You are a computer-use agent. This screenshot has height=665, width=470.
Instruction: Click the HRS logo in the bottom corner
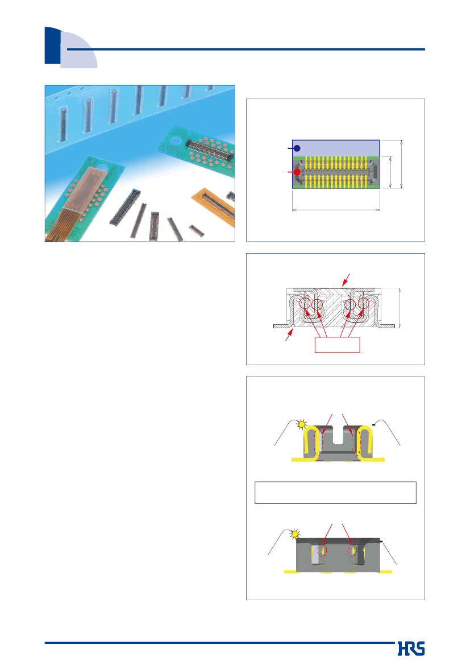coord(411,649)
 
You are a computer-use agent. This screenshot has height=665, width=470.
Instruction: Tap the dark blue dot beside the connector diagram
coord(297,148)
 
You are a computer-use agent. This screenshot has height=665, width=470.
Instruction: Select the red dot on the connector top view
coord(297,172)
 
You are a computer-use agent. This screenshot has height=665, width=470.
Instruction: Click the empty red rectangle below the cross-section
coord(338,345)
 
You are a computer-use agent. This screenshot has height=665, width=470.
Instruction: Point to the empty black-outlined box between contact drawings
coord(335,493)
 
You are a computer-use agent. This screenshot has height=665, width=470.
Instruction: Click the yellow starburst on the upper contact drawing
coord(301,424)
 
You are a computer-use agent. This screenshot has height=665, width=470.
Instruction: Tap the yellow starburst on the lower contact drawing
coord(295,534)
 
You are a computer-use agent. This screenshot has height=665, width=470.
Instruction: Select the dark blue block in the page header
coord(52,46)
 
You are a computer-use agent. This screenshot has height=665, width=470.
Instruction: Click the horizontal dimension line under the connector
coord(336,209)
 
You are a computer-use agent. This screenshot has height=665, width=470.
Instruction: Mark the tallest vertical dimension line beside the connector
coord(402,164)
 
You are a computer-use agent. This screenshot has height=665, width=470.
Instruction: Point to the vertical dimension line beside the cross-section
coord(400,308)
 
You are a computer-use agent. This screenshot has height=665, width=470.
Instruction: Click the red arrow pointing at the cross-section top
coord(346,279)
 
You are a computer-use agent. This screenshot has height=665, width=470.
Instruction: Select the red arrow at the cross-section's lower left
coord(289,336)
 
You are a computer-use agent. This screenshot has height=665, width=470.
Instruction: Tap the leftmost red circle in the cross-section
coord(305,304)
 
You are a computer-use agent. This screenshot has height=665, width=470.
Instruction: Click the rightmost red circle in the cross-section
coord(364,304)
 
